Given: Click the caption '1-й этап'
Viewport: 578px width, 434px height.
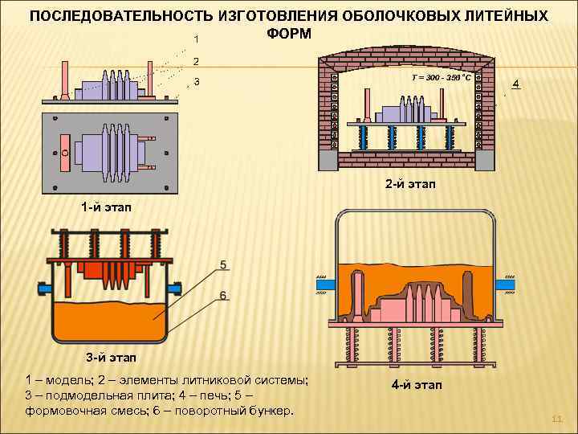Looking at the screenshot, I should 107,207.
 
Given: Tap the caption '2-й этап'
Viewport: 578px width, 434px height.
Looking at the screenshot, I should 410,184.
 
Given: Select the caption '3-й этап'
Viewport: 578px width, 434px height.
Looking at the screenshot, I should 112,357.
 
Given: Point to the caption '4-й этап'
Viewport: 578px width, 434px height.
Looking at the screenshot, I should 417,386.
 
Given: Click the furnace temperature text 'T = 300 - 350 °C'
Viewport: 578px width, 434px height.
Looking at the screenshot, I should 441,78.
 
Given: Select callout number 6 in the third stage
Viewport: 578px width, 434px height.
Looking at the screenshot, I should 222,295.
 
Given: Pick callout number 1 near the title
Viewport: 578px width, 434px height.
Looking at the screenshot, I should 197,39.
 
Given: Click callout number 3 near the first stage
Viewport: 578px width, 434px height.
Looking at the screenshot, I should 197,82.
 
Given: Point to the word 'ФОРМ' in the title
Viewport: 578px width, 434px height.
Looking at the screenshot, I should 283,35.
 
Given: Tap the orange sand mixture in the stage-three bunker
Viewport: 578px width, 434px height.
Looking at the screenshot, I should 108,321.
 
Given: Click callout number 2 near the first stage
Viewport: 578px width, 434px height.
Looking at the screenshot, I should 197,61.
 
